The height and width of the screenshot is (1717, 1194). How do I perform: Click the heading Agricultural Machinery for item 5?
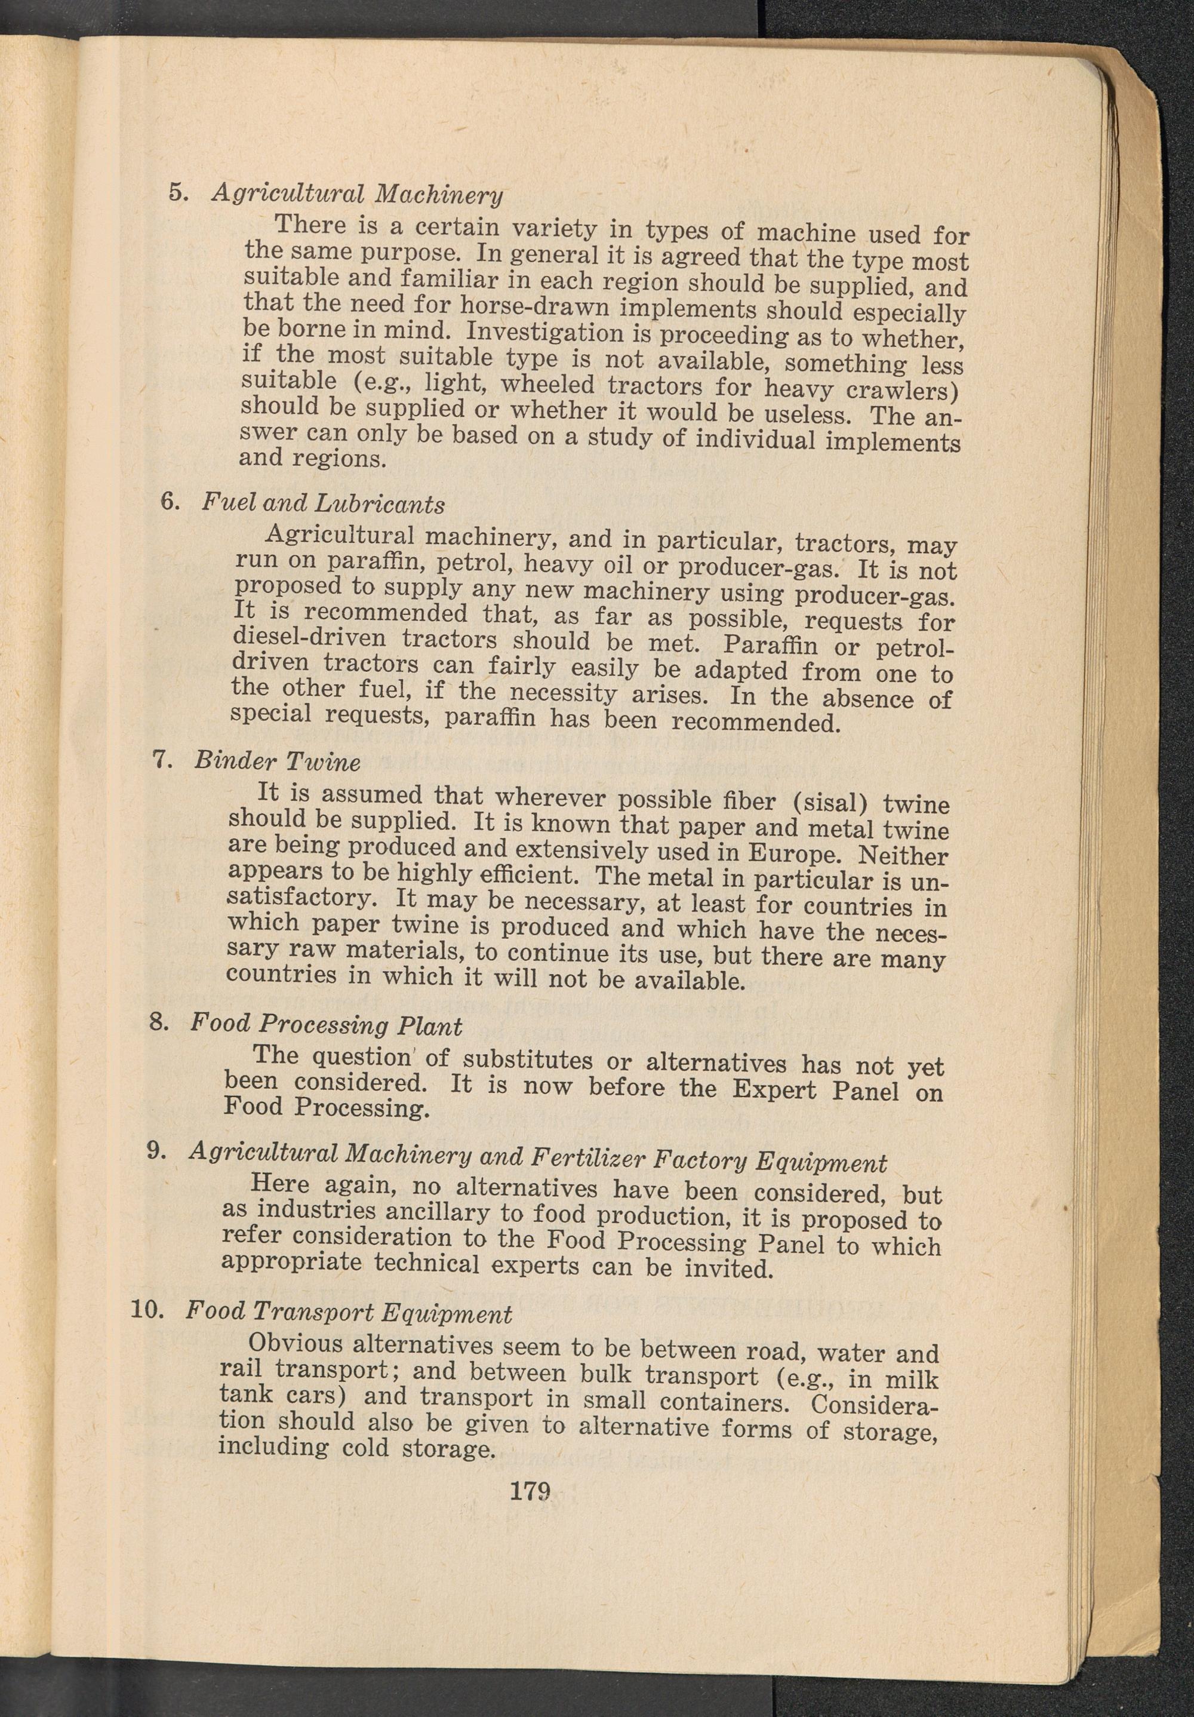356,193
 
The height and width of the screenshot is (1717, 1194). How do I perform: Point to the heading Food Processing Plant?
326,1024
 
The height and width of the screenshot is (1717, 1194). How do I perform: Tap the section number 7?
163,759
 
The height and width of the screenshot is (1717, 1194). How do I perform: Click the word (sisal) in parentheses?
829,803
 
